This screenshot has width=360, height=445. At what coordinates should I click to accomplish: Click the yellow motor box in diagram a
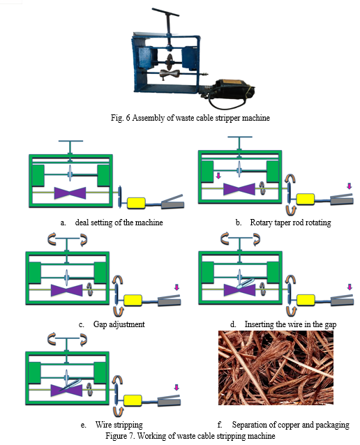pyautogui.click(x=136, y=203)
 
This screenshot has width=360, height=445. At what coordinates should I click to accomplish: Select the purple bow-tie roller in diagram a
pyautogui.click(x=70, y=193)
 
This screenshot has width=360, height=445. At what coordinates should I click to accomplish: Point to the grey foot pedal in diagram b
pyautogui.click(x=342, y=199)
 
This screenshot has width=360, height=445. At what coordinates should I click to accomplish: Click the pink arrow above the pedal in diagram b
pyautogui.click(x=350, y=186)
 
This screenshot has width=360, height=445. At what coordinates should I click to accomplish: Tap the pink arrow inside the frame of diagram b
pyautogui.click(x=218, y=176)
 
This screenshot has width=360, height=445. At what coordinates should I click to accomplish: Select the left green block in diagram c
pyautogui.click(x=35, y=273)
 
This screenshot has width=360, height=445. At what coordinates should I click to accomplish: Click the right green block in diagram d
pyautogui.click(x=273, y=273)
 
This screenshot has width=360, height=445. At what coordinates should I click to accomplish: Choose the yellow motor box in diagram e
pyautogui.click(x=133, y=400)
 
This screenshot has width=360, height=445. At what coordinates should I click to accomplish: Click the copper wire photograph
pyautogui.click(x=276, y=368)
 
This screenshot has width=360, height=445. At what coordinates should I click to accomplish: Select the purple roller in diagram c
pyautogui.click(x=67, y=290)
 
